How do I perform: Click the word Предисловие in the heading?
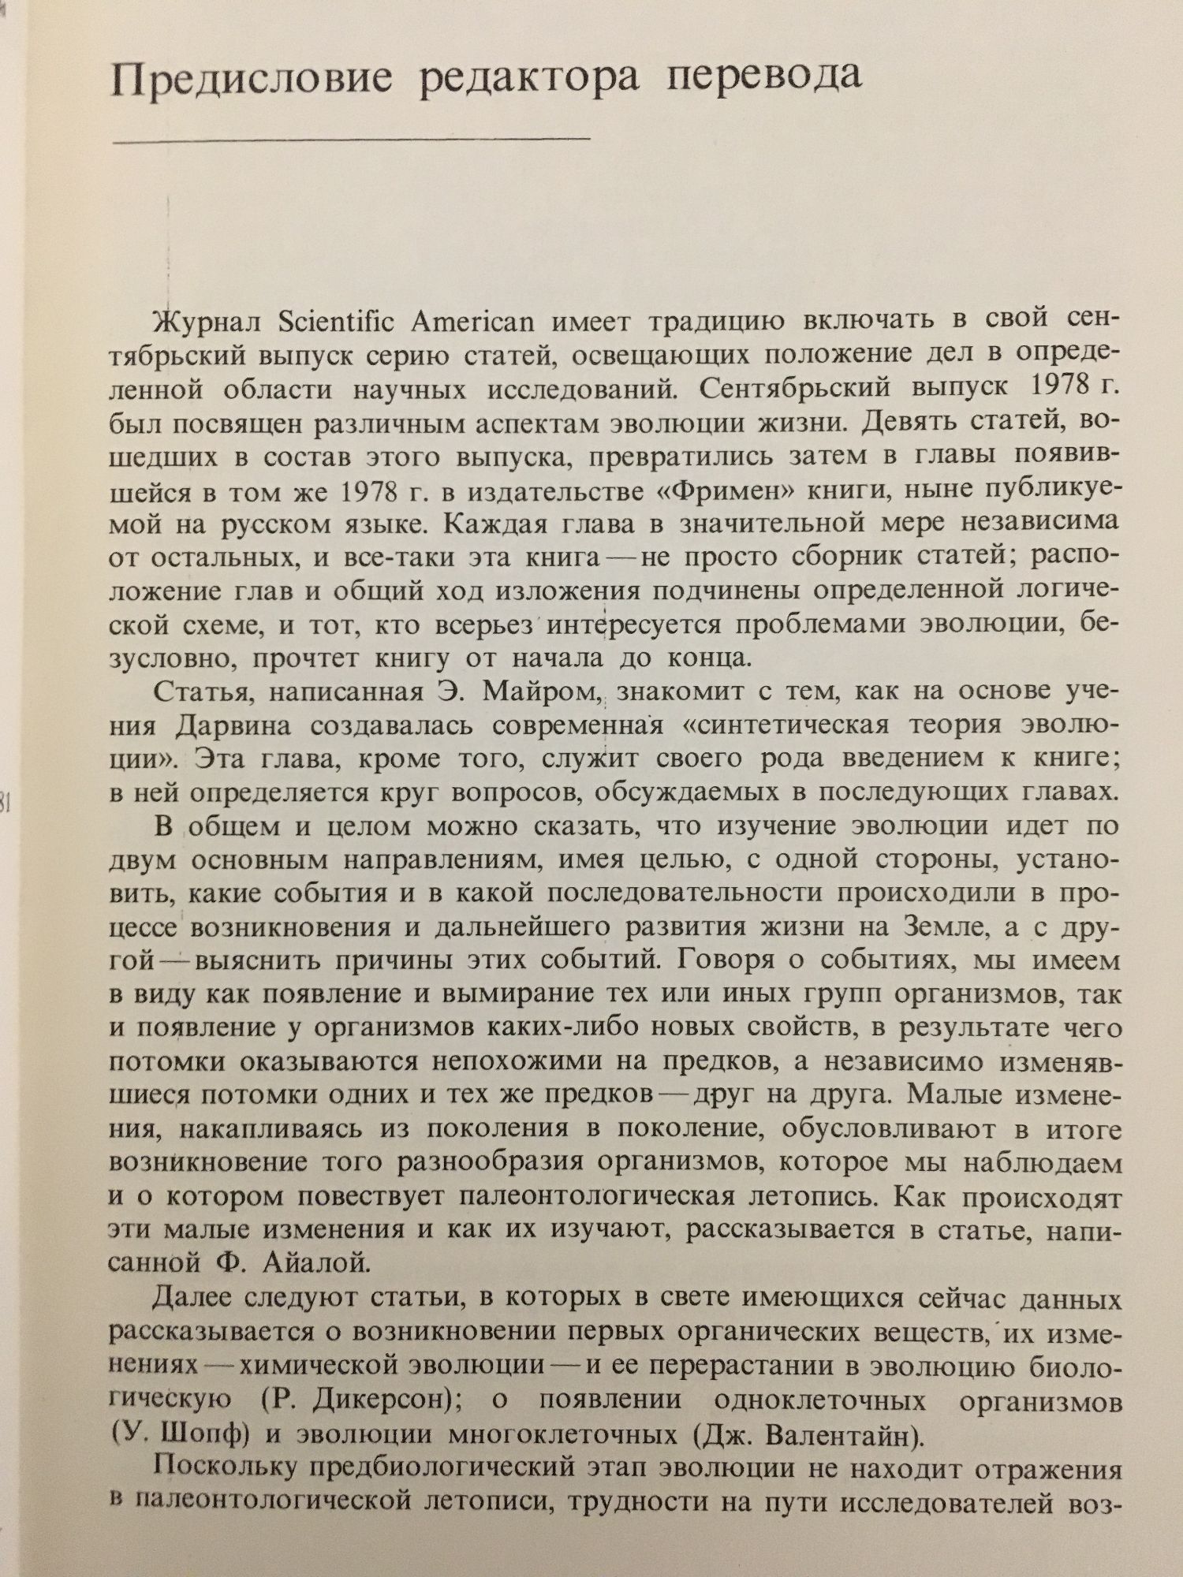252,82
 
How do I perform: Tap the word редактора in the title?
529,80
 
